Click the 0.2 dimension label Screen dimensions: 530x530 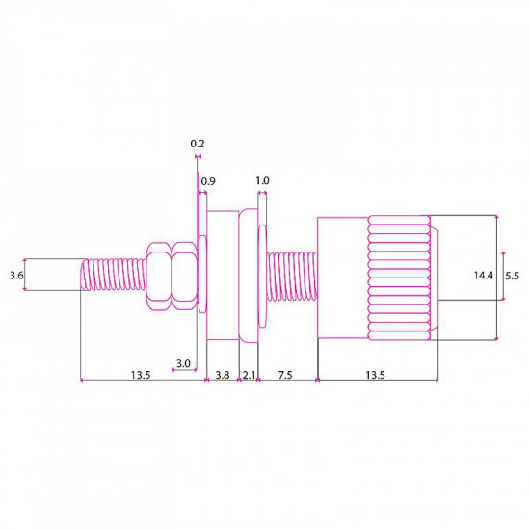tap(198, 144)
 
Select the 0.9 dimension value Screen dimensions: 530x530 tap(208, 180)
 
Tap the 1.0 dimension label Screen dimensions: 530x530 tap(262, 180)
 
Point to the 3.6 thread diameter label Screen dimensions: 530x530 tap(15, 276)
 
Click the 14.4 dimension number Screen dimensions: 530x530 tap(484, 276)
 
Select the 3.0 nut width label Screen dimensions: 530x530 tap(182, 363)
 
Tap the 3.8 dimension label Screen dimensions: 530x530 tap(222, 374)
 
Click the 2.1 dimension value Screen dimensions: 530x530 tap(248, 374)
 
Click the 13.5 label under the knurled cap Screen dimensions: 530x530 tap(376, 374)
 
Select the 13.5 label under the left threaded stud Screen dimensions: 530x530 tap(141, 374)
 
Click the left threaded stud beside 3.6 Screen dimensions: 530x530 tap(111, 276)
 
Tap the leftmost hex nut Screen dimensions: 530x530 tap(158, 276)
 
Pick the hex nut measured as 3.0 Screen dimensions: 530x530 tap(183, 276)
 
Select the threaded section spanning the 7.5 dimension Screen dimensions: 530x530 tap(291, 276)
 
